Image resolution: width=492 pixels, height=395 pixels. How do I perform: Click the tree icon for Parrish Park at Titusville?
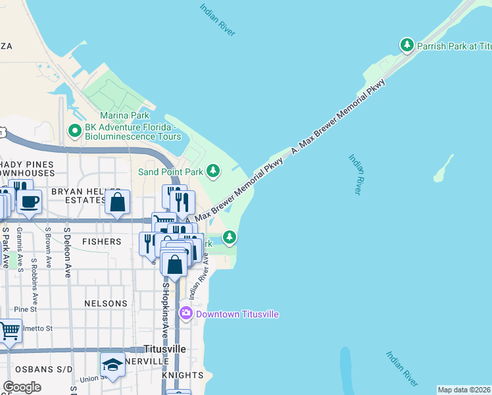pos(407,45)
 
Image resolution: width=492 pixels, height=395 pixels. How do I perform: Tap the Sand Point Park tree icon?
pos(212,171)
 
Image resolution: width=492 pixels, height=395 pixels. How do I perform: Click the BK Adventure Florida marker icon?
pos(75,131)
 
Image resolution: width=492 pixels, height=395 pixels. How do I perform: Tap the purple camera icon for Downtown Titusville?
pos(186,313)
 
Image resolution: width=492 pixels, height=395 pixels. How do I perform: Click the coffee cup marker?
pos(29,201)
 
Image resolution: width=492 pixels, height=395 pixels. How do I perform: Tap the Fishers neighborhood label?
pos(101,242)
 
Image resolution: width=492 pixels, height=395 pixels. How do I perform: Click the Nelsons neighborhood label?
pos(105,303)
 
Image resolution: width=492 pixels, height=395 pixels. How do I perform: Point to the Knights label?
pos(182,375)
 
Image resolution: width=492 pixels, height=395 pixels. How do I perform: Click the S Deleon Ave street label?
pos(67,253)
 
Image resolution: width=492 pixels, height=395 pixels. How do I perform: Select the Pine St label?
pos(25,309)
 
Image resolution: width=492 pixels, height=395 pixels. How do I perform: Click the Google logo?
pos(22,387)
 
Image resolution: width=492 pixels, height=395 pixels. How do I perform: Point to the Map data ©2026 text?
pos(464,390)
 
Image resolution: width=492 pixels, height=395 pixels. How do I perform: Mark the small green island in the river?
pos(443,169)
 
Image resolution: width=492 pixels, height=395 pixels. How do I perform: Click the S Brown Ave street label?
pos(48,248)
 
